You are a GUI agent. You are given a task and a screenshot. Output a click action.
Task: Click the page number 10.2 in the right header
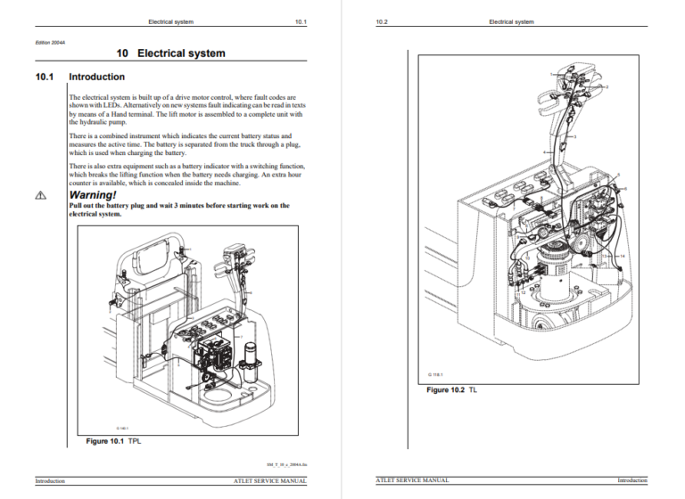382,21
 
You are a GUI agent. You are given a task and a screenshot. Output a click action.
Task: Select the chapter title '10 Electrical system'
171,53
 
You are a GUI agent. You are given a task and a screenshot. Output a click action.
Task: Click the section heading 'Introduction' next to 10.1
96,78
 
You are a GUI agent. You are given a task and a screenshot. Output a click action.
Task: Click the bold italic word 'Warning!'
93,194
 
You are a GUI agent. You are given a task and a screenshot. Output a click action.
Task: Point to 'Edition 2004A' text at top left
50,41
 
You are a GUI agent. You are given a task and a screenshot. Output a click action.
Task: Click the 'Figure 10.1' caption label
105,441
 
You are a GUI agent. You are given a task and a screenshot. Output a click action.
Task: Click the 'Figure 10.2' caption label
449,390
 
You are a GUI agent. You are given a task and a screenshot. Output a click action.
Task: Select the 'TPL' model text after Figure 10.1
135,441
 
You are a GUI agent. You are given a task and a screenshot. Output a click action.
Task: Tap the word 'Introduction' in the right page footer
632,481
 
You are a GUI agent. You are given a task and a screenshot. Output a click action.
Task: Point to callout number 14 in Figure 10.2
622,257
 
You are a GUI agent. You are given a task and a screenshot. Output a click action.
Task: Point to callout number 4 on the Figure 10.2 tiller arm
546,153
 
